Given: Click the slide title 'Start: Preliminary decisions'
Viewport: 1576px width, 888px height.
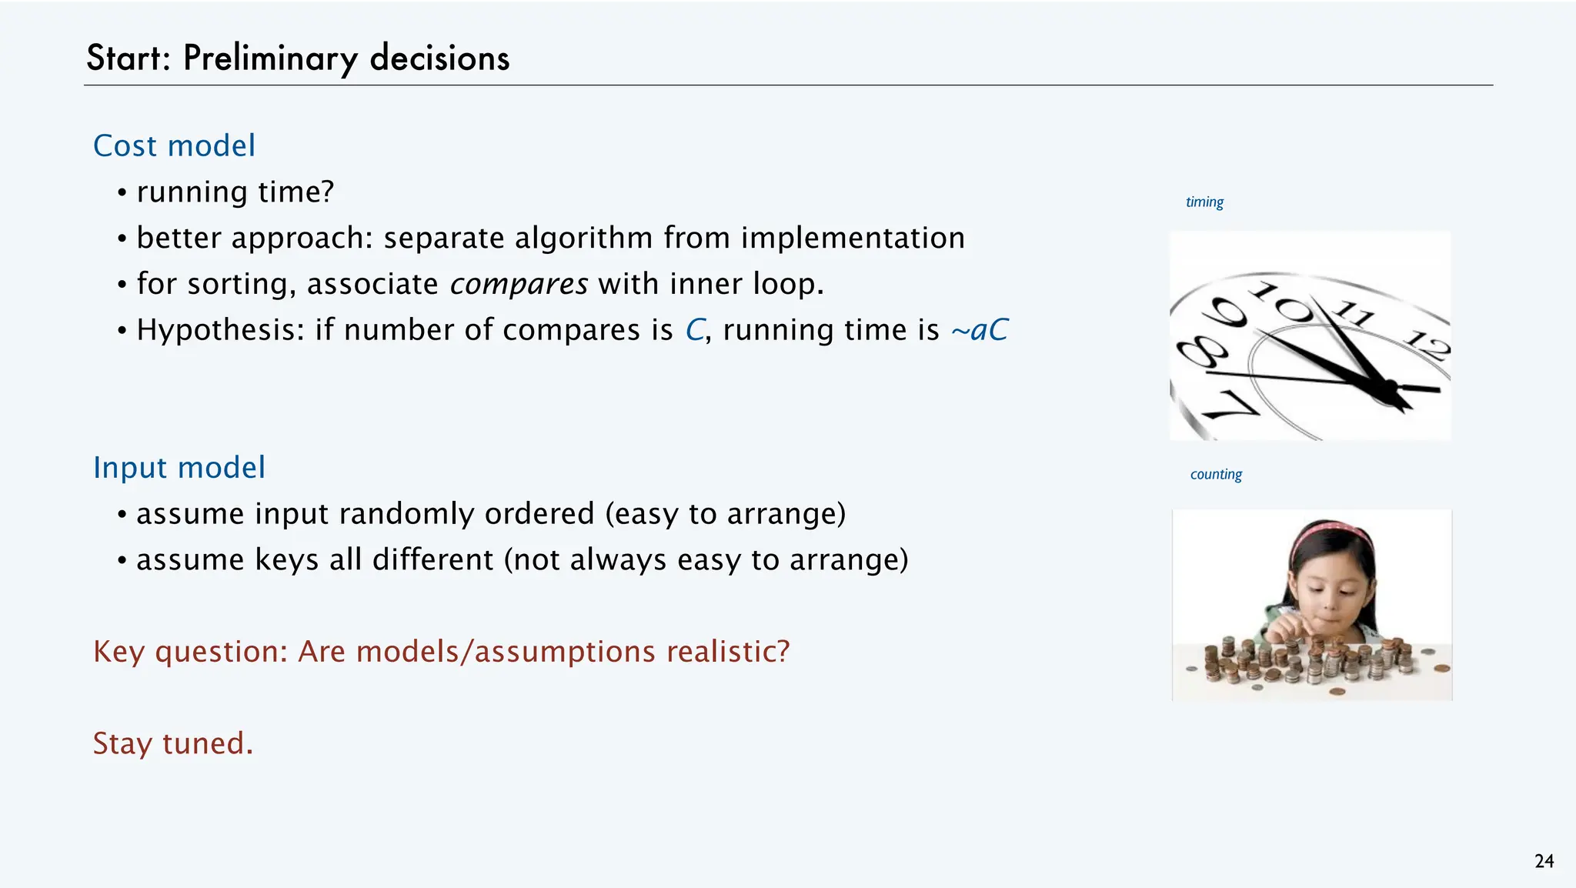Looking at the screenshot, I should pyautogui.click(x=298, y=58).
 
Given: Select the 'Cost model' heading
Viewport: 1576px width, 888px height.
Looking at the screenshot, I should pyautogui.click(x=174, y=145).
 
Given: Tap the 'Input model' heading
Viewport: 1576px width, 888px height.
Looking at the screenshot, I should pyautogui.click(x=179, y=467).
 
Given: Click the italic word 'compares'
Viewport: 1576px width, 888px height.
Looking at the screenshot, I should pyautogui.click(x=519, y=284).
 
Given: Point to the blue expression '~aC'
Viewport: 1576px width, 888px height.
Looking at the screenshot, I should pyautogui.click(x=979, y=329).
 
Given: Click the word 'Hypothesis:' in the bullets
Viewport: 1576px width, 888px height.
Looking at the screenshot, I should pyautogui.click(x=221, y=330).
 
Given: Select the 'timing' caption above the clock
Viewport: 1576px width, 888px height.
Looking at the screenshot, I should pyautogui.click(x=1204, y=202).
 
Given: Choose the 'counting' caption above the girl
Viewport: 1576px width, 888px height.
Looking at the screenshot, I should pyautogui.click(x=1216, y=474).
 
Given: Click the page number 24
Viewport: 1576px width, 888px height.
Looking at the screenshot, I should pyautogui.click(x=1544, y=861).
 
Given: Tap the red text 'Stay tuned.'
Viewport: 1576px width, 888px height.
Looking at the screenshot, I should pyautogui.click(x=173, y=743).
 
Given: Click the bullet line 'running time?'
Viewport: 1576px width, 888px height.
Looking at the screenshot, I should pyautogui.click(x=235, y=192).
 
